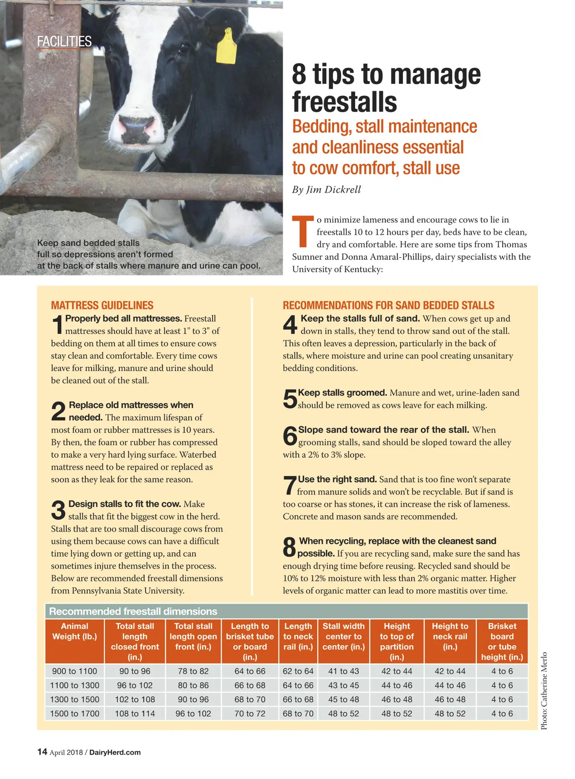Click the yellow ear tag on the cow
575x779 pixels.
pyautogui.click(x=226, y=46)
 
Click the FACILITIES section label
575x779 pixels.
pyautogui.click(x=64, y=42)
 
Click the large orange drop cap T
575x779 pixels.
pyautogui.click(x=302, y=232)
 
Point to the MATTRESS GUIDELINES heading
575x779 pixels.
pyautogui.click(x=102, y=305)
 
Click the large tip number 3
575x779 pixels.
pyautogui.click(x=58, y=510)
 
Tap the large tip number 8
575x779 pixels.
pyautogui.click(x=289, y=547)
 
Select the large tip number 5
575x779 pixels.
pyautogui.click(x=290, y=399)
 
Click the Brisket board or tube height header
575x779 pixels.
pyautogui.click(x=502, y=641)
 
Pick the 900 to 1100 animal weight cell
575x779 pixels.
pyautogui.click(x=74, y=671)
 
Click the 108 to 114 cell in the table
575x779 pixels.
pyautogui.click(x=135, y=713)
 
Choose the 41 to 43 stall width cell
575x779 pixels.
pyautogui.click(x=343, y=671)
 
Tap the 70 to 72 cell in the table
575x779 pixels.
pyautogui.click(x=250, y=713)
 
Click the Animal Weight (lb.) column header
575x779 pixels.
pyautogui.click(x=74, y=631)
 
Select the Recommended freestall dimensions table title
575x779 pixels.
pyautogui.click(x=133, y=611)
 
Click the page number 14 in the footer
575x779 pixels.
pyautogui.click(x=42, y=752)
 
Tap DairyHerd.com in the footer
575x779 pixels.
pyautogui.click(x=115, y=752)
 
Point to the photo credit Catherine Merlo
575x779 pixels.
pyautogui.click(x=544, y=691)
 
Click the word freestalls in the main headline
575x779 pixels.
pyautogui.click(x=345, y=102)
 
